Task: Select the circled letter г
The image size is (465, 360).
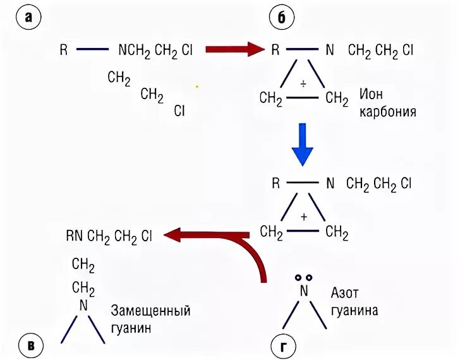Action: coord(281,345)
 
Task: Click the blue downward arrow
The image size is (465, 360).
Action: coord(303,144)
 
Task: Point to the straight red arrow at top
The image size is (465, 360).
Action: coord(234,49)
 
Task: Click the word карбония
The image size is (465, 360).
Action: coord(388,112)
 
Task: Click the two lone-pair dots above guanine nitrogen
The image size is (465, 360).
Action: coord(303,277)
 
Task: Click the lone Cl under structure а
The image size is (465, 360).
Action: coord(179,111)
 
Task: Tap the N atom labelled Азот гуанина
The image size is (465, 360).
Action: coord(303,291)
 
